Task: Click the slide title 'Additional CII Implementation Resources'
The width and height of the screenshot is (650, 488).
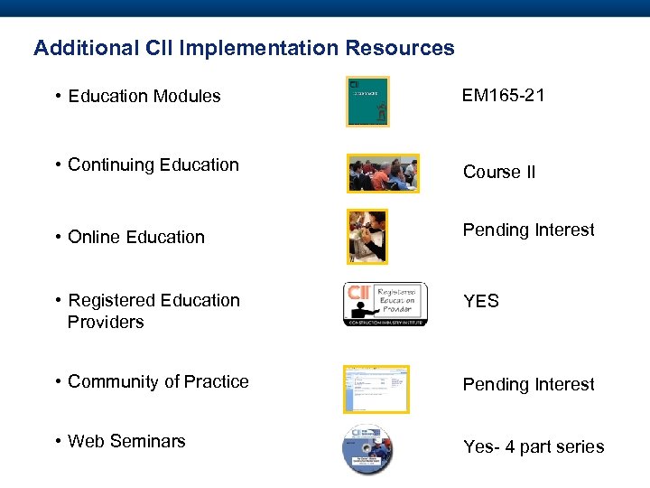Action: tap(244, 48)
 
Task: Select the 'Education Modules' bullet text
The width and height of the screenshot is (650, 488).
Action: tap(144, 96)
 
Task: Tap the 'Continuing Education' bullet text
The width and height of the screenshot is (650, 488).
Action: tap(153, 164)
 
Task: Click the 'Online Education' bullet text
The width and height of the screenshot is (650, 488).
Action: tap(136, 237)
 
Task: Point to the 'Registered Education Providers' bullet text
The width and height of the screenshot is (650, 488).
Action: tap(153, 311)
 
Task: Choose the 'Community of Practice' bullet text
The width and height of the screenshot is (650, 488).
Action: tap(158, 381)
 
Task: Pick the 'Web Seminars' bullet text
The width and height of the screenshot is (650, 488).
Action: tap(126, 441)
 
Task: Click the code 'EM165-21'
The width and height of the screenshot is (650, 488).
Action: tap(503, 95)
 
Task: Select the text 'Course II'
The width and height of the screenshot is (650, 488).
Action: tap(498, 172)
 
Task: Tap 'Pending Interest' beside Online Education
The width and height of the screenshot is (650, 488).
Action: tap(528, 230)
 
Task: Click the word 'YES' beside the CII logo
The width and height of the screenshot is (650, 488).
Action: tap(480, 301)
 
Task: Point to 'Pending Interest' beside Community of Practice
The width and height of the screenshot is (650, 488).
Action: tap(528, 384)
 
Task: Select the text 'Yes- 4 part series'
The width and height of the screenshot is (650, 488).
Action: tap(533, 446)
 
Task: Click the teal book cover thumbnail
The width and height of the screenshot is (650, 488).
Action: tap(367, 101)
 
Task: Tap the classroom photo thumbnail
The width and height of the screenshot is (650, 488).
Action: tap(384, 173)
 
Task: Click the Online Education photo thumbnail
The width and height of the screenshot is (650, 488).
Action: tap(367, 237)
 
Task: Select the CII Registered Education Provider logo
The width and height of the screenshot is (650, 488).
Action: tap(385, 304)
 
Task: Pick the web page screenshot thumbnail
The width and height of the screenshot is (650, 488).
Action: tap(376, 389)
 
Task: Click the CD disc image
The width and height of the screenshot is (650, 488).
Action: tap(367, 449)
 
